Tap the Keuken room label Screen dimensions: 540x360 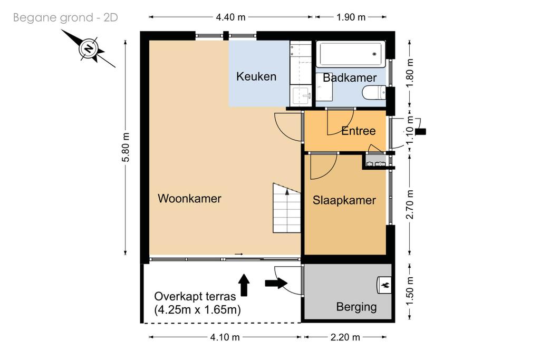pyautogui.click(x=256, y=76)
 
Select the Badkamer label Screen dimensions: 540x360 pyautogui.click(x=350, y=78)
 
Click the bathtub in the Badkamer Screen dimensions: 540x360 pyautogui.click(x=351, y=54)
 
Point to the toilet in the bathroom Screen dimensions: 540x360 pyautogui.click(x=374, y=92)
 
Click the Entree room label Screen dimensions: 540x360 pyautogui.click(x=358, y=131)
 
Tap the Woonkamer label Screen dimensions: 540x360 pyautogui.click(x=189, y=198)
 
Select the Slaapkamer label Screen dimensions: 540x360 pyautogui.click(x=344, y=200)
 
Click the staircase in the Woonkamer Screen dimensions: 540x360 pyautogui.click(x=287, y=208)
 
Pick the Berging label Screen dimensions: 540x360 pyautogui.click(x=356, y=307)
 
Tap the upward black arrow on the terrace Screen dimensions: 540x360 pyautogui.click(x=244, y=285)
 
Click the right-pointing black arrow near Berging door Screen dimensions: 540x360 pyautogui.click(x=276, y=283)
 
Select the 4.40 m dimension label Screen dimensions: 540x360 pyautogui.click(x=231, y=17)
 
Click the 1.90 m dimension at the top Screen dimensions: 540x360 pyautogui.click(x=351, y=17)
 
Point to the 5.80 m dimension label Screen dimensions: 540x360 pyautogui.click(x=126, y=147)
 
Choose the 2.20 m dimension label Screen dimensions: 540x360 pyautogui.click(x=345, y=337)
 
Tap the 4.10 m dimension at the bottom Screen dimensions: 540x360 pyautogui.click(x=225, y=337)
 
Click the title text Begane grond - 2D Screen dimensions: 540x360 pyautogui.click(x=65, y=17)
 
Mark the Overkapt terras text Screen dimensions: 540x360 pyautogui.click(x=195, y=296)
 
